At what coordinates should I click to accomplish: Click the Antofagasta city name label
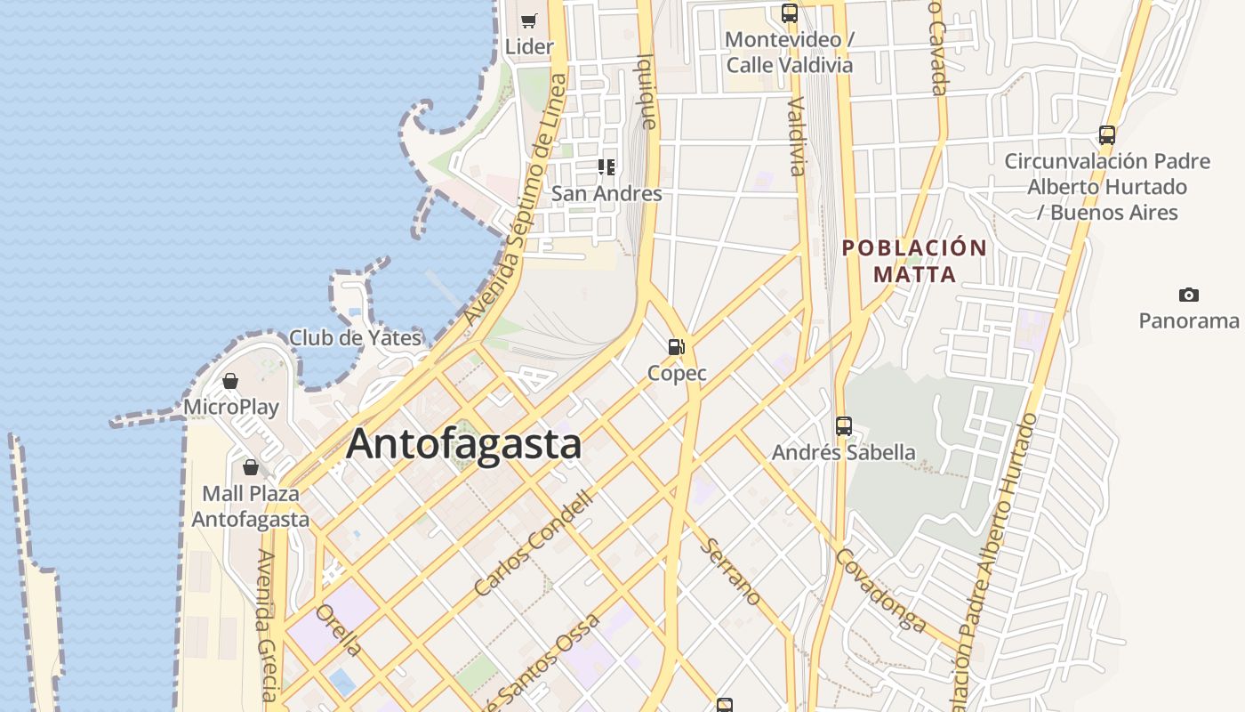click(x=463, y=443)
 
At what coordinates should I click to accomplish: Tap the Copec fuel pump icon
click(x=677, y=346)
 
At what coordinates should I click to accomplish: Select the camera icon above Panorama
click(x=1188, y=295)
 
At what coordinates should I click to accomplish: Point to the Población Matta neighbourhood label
click(x=914, y=261)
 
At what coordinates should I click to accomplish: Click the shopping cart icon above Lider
click(x=529, y=20)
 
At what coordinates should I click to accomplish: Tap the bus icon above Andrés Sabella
click(x=843, y=426)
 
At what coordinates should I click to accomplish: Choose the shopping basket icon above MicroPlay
click(x=230, y=381)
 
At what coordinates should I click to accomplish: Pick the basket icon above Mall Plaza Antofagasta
click(x=251, y=466)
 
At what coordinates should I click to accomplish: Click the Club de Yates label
click(x=355, y=338)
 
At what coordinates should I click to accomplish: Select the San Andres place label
click(x=606, y=193)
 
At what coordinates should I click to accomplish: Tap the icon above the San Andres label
click(x=606, y=166)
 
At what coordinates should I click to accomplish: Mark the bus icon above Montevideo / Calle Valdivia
click(x=789, y=13)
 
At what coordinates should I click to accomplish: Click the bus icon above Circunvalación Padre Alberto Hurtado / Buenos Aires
click(x=1106, y=135)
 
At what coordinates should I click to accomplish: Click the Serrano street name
click(x=732, y=572)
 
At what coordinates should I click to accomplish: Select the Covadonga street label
click(x=880, y=589)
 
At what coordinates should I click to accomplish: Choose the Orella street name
click(x=339, y=630)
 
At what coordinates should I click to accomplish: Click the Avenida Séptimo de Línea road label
click(x=515, y=200)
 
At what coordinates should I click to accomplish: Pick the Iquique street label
click(x=648, y=91)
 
